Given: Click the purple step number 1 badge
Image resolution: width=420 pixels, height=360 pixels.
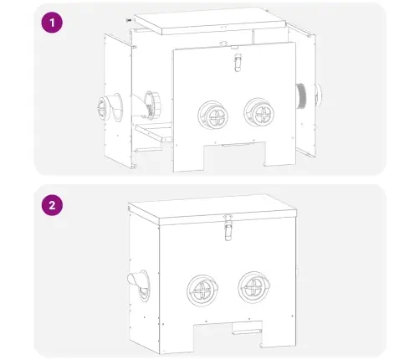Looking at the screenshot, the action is pos(52,23).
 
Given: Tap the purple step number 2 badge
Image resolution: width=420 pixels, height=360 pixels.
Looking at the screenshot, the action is pos(52,205).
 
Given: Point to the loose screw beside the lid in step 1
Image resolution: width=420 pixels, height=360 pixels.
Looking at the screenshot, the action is pos(129,20).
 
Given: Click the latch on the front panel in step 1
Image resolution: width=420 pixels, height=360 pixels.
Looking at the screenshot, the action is pos(237,62).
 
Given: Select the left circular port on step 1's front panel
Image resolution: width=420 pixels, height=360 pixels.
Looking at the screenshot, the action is pos(213,115).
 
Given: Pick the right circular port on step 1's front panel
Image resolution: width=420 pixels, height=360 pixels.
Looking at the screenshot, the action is pos(259,112).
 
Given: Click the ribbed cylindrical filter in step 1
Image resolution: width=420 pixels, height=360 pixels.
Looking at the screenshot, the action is pos(301,95).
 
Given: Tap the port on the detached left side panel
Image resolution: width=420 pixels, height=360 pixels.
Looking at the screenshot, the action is pos(110,107).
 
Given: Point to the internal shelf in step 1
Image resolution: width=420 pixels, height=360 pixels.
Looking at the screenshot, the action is pos(153,132).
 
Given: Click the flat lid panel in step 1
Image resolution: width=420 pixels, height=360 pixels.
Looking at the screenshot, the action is pos(210,20).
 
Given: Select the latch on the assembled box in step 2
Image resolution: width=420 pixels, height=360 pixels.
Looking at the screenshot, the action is pos(228,228).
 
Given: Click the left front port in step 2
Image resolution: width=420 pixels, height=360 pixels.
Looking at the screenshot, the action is pos(202,291).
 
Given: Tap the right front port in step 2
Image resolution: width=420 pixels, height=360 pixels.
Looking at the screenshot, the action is pos(254,287).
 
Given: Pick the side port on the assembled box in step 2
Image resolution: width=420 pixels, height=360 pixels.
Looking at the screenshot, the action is pos(139,285).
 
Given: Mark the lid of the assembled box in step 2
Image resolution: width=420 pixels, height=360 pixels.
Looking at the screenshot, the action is pos(213,209).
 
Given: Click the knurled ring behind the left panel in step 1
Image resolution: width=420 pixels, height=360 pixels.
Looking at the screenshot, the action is pos(152,105).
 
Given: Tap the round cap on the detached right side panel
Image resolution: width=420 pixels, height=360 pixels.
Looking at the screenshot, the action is pos(318,95).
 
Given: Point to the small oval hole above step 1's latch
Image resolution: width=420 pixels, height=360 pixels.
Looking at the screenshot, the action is pos(223,44).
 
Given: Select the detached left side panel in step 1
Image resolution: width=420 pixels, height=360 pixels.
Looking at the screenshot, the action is pos(118,101).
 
